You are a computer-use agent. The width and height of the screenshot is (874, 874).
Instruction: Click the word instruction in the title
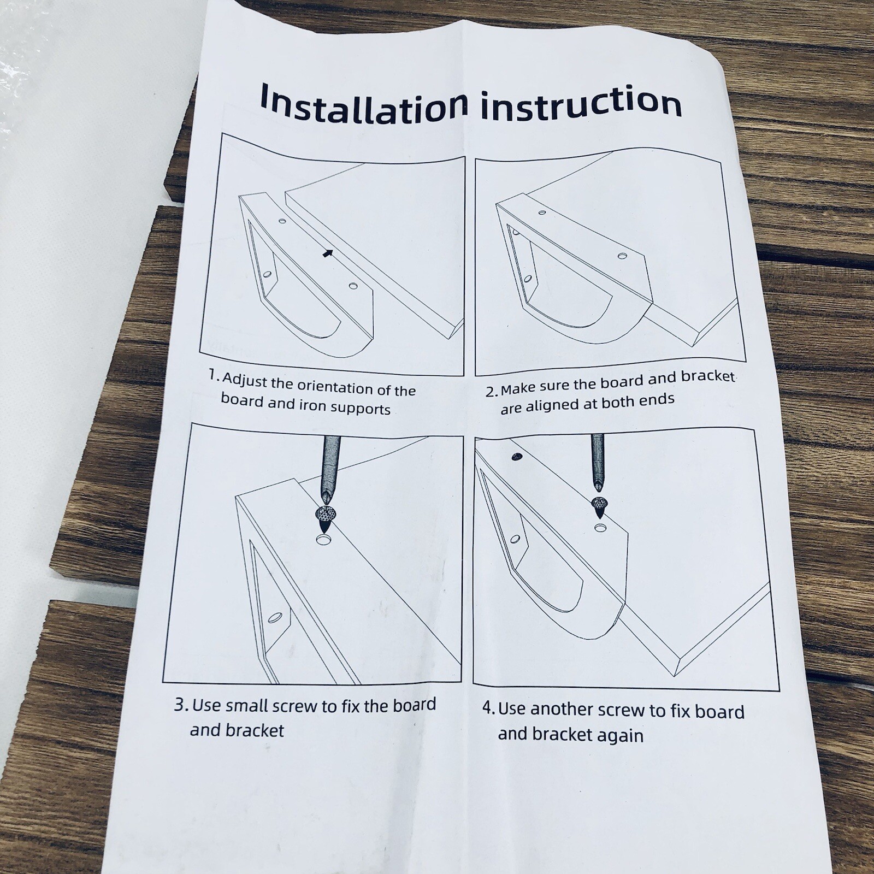click(581, 101)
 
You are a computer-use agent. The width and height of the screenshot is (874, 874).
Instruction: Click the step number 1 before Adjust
click(214, 376)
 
